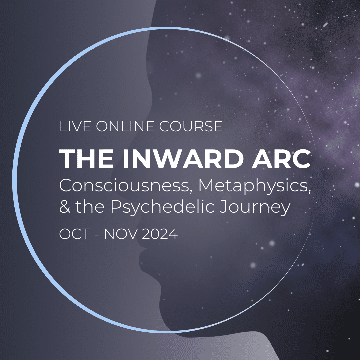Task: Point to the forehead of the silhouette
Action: point(147,67)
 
